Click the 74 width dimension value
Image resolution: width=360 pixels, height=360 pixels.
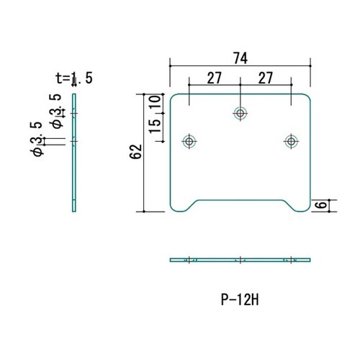tap(240, 58)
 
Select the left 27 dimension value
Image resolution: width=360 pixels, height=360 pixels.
tap(214, 78)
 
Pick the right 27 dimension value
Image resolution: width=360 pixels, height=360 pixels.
tap(266, 78)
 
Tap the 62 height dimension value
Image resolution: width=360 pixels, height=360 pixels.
tap(136, 152)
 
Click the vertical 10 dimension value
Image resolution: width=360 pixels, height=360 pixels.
tap(155, 102)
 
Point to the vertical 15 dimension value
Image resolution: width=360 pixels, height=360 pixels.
tap(155, 126)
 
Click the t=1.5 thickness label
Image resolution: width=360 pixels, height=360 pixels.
tap(74, 78)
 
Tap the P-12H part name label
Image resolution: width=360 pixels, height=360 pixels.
tap(240, 300)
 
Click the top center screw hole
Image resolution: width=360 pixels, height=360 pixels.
tap(240, 113)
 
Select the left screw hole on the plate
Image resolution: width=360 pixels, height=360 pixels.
tap(189, 141)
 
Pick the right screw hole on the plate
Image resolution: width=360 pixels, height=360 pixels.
tap(291, 141)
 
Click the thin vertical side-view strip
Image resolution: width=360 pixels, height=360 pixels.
tap(74, 153)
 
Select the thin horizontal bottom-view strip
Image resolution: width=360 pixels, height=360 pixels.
tap(240, 260)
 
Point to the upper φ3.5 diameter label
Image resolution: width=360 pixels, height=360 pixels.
tap(55, 112)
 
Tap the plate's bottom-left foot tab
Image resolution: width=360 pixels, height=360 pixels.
tap(182, 206)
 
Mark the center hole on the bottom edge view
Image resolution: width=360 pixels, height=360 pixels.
tap(240, 260)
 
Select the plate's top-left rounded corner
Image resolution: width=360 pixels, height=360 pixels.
tap(172, 96)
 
